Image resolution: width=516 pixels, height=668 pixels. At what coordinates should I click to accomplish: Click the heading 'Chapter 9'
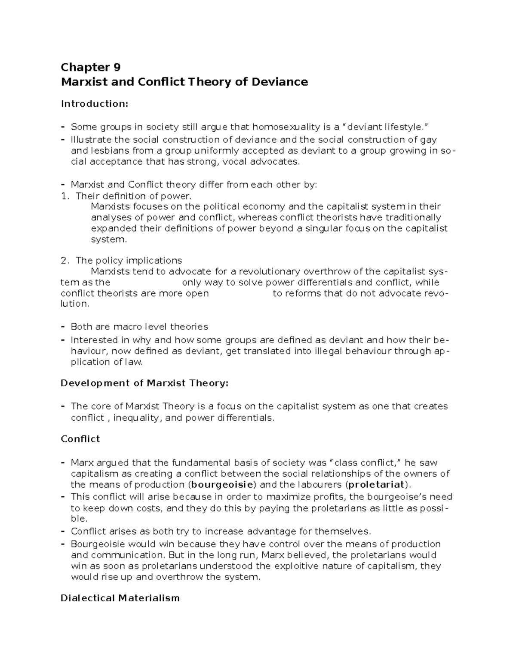(91, 68)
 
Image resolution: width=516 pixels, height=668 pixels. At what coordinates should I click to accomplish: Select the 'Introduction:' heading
(95, 104)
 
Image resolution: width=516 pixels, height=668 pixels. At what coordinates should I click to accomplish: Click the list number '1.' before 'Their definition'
(65, 196)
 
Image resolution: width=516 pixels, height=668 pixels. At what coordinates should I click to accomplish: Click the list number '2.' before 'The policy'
(65, 261)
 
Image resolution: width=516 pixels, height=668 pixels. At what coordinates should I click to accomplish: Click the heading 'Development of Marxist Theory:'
(144, 383)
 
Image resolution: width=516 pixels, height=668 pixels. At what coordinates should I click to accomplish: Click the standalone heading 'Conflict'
(80, 439)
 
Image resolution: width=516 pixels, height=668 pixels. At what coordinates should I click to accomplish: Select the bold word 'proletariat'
(377, 485)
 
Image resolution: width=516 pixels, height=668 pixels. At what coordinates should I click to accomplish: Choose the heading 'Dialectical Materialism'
(120, 598)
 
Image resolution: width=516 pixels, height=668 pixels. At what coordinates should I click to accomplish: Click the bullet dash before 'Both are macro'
(63, 327)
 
